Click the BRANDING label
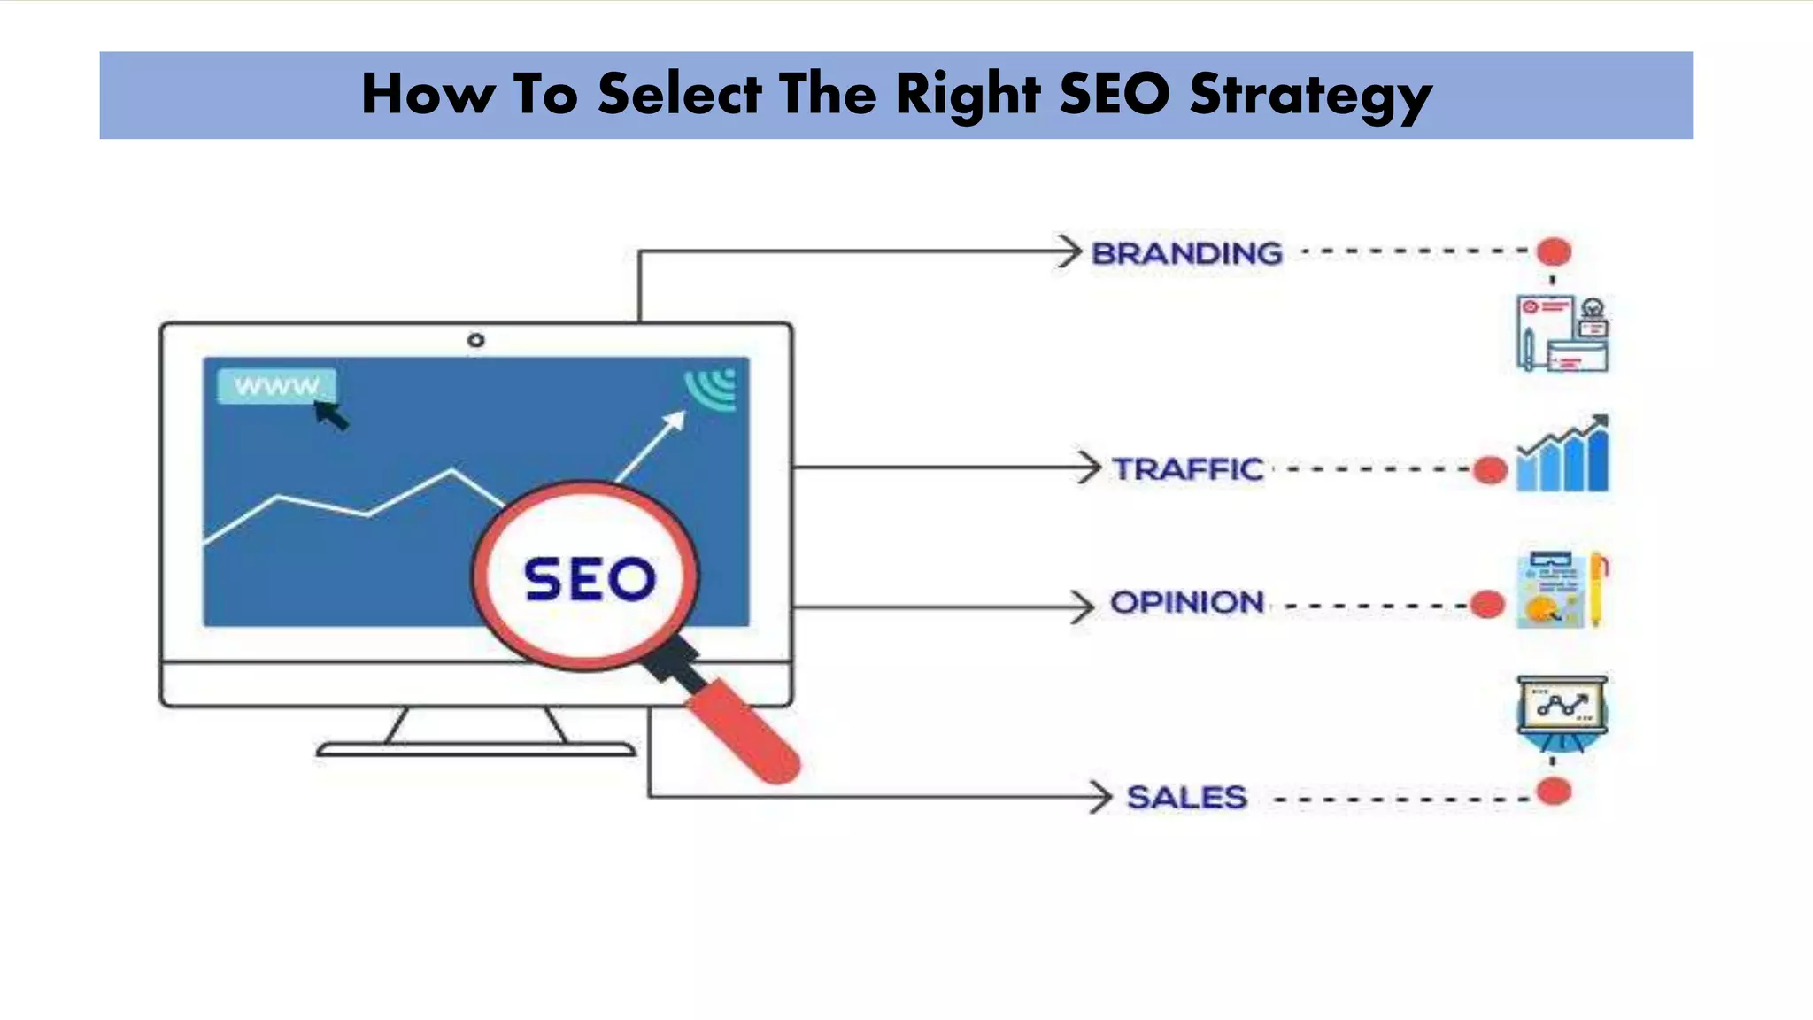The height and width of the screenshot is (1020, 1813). pos(1186,253)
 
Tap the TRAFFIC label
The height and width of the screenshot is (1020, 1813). pos(1187,468)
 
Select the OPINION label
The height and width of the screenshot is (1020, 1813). pos(1186,603)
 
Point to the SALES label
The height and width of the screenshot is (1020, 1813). pos(1186,797)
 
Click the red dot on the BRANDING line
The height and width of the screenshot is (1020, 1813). pos(1554,251)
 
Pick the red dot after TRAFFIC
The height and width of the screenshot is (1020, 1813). pos(1491,470)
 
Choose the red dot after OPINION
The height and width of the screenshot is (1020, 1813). pos(1487,605)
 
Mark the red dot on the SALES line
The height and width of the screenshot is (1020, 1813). pos(1554,791)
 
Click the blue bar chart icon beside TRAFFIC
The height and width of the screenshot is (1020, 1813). pos(1562,453)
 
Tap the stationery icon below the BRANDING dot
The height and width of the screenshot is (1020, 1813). pos(1562,334)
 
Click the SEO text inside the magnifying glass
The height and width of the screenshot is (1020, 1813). pos(590,580)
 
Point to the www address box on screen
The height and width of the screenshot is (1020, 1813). pos(275,386)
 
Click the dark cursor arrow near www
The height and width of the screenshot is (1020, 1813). pos(332,413)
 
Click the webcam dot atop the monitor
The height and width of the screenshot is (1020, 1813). pos(475,340)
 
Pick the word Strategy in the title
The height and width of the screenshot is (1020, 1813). pos(1310,94)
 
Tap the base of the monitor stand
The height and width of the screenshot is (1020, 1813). pos(475,750)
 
